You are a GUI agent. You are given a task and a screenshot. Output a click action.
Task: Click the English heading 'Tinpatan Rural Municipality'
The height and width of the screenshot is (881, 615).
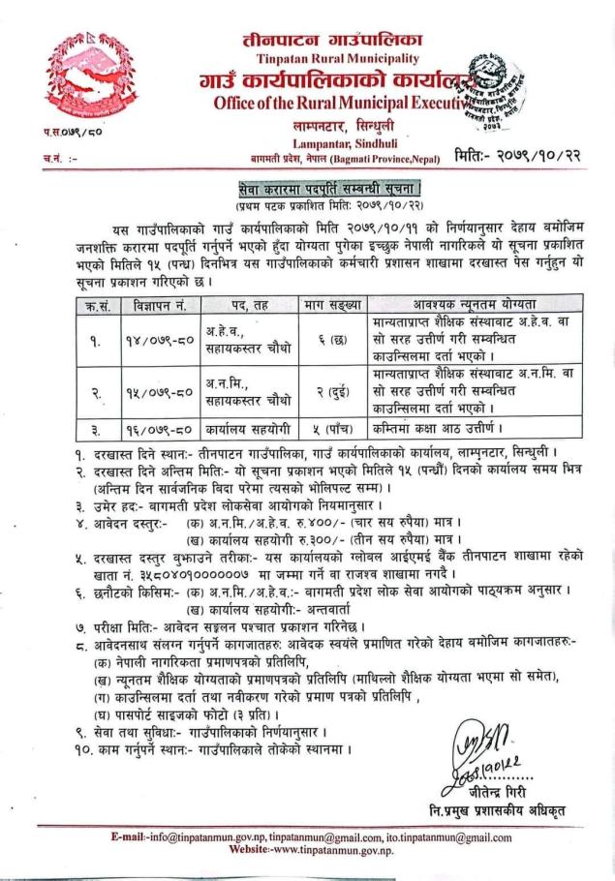(309, 57)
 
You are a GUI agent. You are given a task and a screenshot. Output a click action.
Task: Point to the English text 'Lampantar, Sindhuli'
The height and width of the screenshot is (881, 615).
(309, 141)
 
